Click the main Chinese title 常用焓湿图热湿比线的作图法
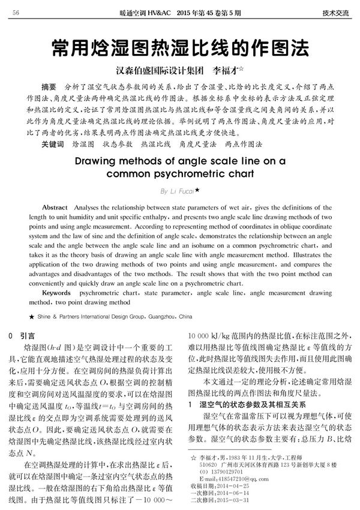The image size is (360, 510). pos(180,47)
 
